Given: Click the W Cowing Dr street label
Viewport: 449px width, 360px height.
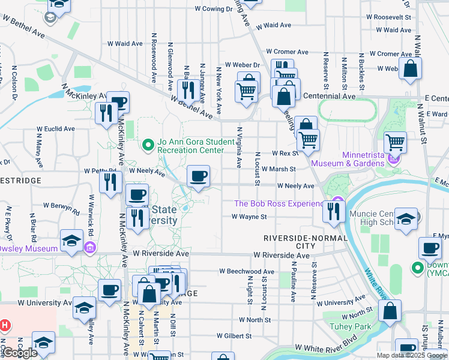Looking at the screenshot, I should click(214, 9).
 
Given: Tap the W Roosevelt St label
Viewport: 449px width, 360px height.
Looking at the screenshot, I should click(391, 17).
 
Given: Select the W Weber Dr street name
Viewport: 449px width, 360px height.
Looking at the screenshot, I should click(242, 65).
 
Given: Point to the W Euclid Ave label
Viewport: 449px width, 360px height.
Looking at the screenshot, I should click(55, 128).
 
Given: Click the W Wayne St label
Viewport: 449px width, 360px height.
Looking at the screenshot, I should click(249, 217).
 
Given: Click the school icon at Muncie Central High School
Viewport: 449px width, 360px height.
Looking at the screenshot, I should click(406, 218).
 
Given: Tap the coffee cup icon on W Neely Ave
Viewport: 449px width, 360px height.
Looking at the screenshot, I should click(198, 176).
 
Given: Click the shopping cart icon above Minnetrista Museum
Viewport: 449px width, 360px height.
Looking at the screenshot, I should click(394, 142).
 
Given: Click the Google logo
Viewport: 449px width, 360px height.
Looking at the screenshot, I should click(20, 353).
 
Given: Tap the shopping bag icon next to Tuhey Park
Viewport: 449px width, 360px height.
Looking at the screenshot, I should click(390, 311).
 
